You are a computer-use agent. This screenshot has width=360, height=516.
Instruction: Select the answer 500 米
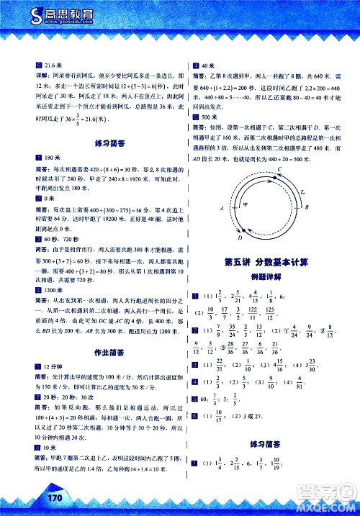click(x=210, y=117)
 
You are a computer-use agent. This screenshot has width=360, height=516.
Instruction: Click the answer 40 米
click(x=207, y=65)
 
